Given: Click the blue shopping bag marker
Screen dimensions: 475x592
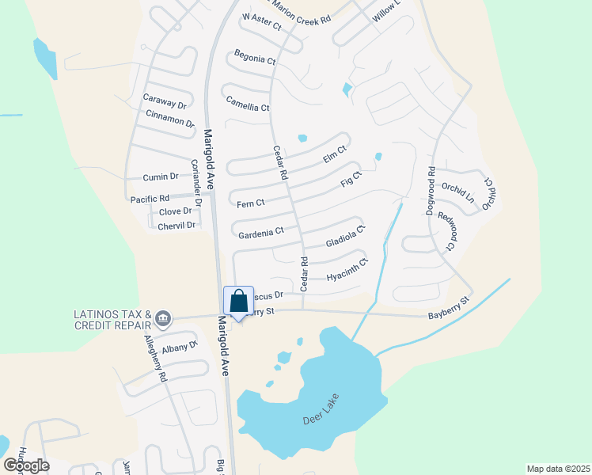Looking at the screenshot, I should tap(239, 302).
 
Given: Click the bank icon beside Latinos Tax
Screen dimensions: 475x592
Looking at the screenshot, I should tap(163, 319).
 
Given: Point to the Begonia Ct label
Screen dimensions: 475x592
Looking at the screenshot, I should tap(255, 57).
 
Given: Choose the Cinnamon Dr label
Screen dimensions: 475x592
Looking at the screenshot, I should tap(170, 119).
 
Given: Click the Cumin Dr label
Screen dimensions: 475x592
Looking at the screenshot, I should tap(161, 177).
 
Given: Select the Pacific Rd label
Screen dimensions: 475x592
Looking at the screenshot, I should tap(150, 199).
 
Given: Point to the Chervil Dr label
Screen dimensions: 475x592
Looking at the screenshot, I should tap(176, 226).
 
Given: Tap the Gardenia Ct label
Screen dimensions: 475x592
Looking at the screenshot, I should tap(261, 232).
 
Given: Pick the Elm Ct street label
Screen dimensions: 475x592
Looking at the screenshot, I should tap(336, 154).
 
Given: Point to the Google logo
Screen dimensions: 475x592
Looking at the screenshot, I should tap(26, 465).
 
